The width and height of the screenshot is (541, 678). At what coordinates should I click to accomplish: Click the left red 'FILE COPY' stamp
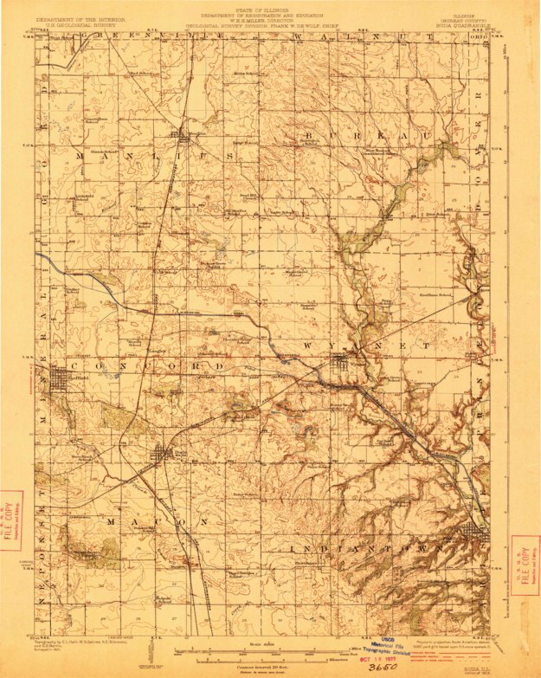tap(11, 522)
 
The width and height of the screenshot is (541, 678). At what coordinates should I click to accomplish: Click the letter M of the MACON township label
tap(111, 523)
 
